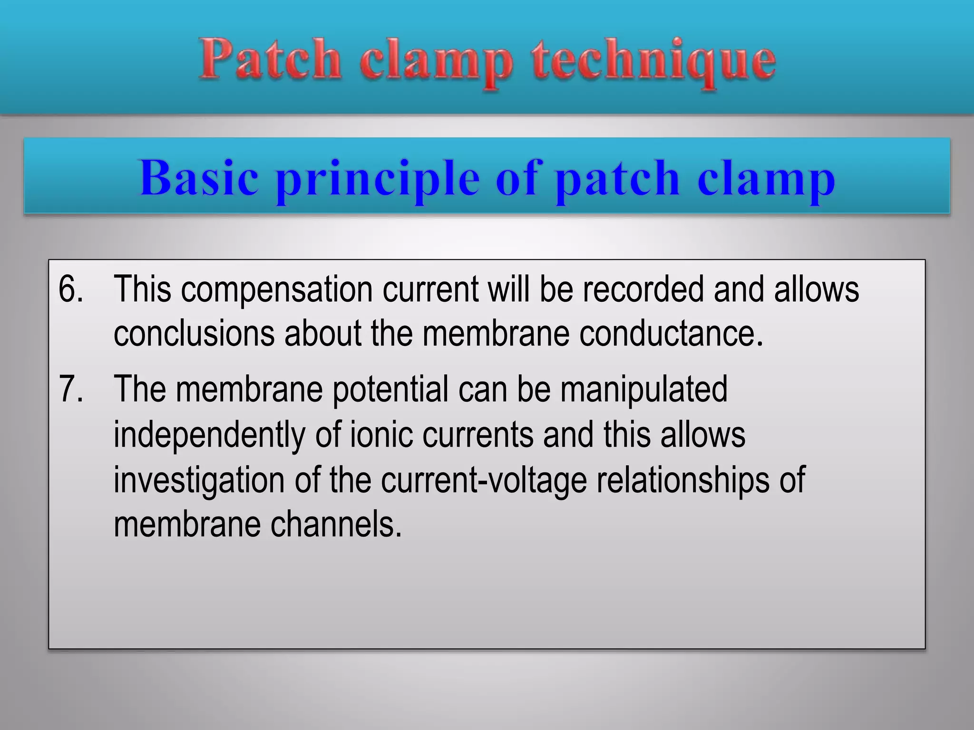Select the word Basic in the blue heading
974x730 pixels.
[199, 178]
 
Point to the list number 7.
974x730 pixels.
[70, 389]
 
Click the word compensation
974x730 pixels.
[277, 290]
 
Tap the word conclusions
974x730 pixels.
[194, 333]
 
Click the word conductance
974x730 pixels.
[671, 333]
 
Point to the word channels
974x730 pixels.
[336, 525]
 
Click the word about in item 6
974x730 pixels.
[323, 333]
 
